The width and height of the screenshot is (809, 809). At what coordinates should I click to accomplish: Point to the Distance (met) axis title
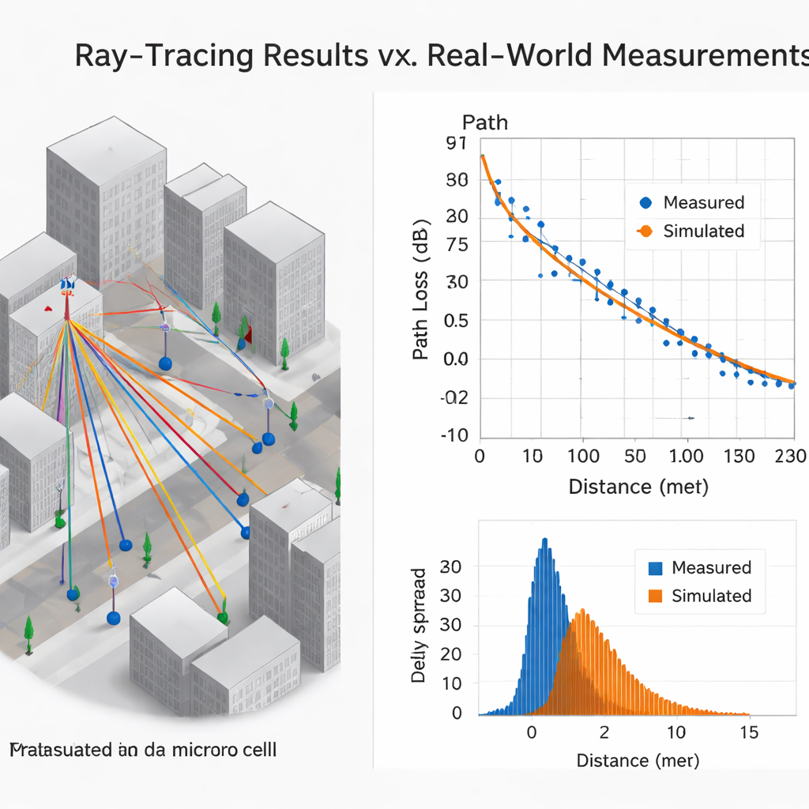point(638,487)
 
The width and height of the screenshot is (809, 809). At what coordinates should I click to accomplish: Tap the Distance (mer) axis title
point(638,761)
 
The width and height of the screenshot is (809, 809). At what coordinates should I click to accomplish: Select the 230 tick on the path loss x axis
point(790,457)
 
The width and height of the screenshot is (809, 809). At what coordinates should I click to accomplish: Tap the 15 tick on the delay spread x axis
point(748,732)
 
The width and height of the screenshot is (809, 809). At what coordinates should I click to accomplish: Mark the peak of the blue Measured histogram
point(544,540)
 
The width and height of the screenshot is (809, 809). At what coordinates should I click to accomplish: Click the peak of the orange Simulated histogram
point(582,611)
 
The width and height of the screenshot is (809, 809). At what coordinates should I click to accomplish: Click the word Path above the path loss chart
point(484,122)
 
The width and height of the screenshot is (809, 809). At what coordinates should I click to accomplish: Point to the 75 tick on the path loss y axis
point(457,245)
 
